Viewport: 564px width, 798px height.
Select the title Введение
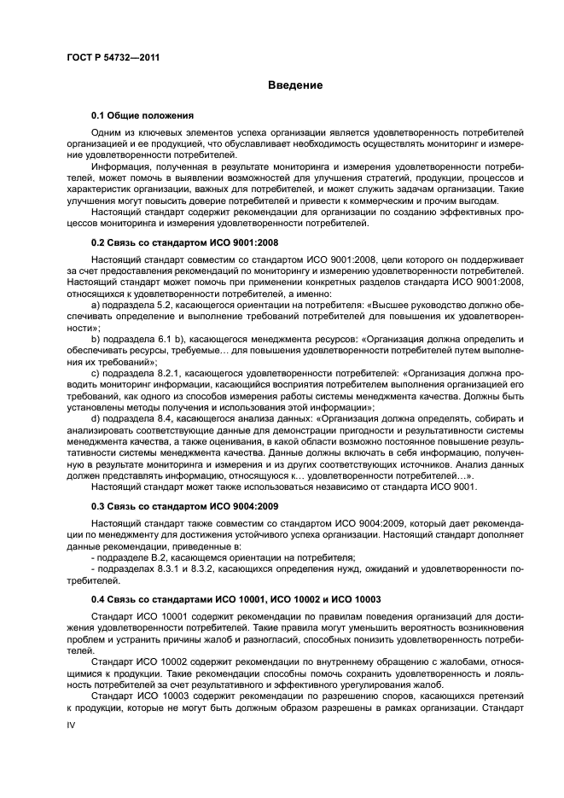pyautogui.click(x=295, y=85)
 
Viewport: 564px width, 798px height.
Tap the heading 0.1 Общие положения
pyautogui.click(x=142, y=115)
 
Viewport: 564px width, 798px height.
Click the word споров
pyautogui.click(x=373, y=696)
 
